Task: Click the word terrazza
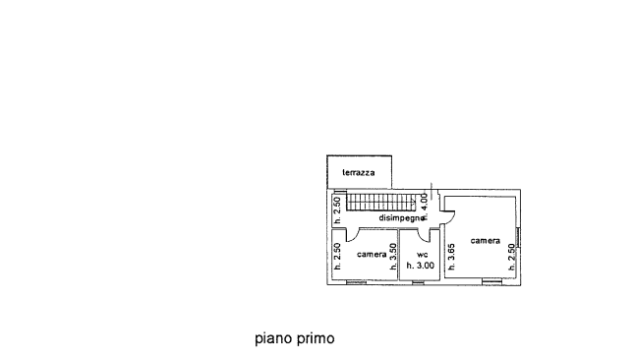[358, 173]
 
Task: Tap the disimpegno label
[400, 218]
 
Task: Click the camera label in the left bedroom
[371, 254]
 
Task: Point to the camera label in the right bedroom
[485, 241]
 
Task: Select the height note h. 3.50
[393, 256]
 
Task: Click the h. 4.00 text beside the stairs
[424, 206]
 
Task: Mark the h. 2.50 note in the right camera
[510, 256]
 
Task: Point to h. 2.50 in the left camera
[336, 256]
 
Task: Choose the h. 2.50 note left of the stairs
[336, 210]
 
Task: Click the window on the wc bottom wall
[418, 282]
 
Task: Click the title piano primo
[294, 338]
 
